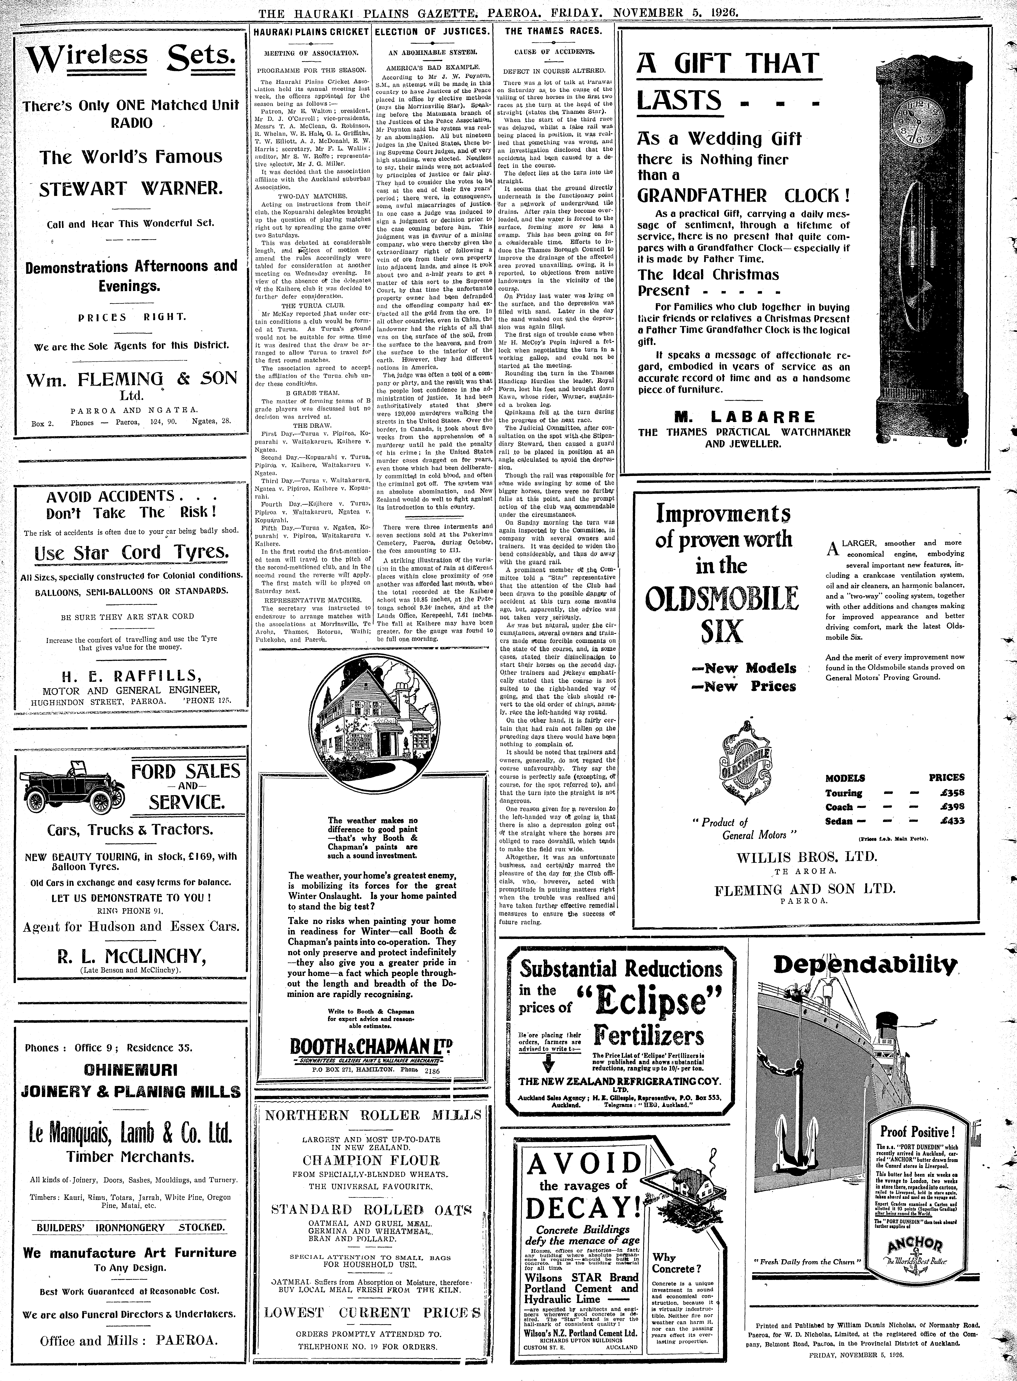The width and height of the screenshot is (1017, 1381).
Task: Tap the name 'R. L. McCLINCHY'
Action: (x=130, y=956)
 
